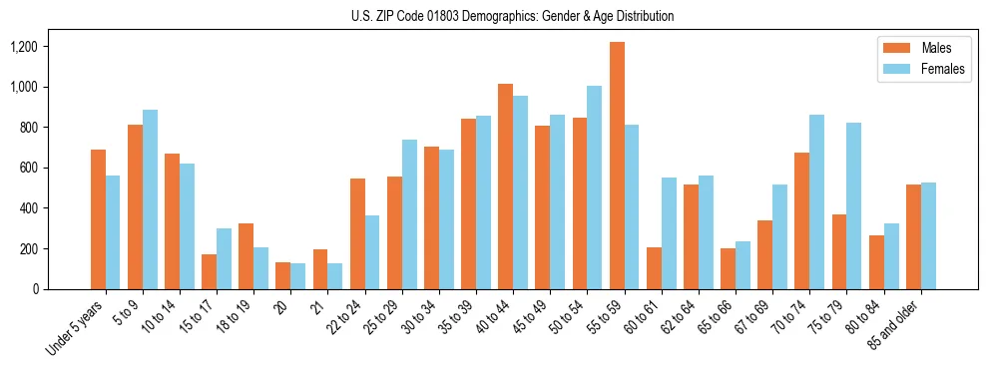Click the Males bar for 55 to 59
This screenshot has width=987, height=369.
(x=617, y=166)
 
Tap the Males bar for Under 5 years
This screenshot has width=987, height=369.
(x=98, y=219)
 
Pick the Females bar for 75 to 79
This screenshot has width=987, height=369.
(x=854, y=205)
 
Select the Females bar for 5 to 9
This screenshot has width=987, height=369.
(x=150, y=199)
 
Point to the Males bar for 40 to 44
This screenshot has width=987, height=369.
(x=506, y=186)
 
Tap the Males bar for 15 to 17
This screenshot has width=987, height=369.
(x=210, y=271)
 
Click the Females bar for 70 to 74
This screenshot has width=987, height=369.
(x=817, y=201)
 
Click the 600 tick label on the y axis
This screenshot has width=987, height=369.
(x=56, y=168)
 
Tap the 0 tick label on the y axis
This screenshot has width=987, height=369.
(x=63, y=289)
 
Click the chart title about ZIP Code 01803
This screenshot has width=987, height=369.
(x=512, y=16)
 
